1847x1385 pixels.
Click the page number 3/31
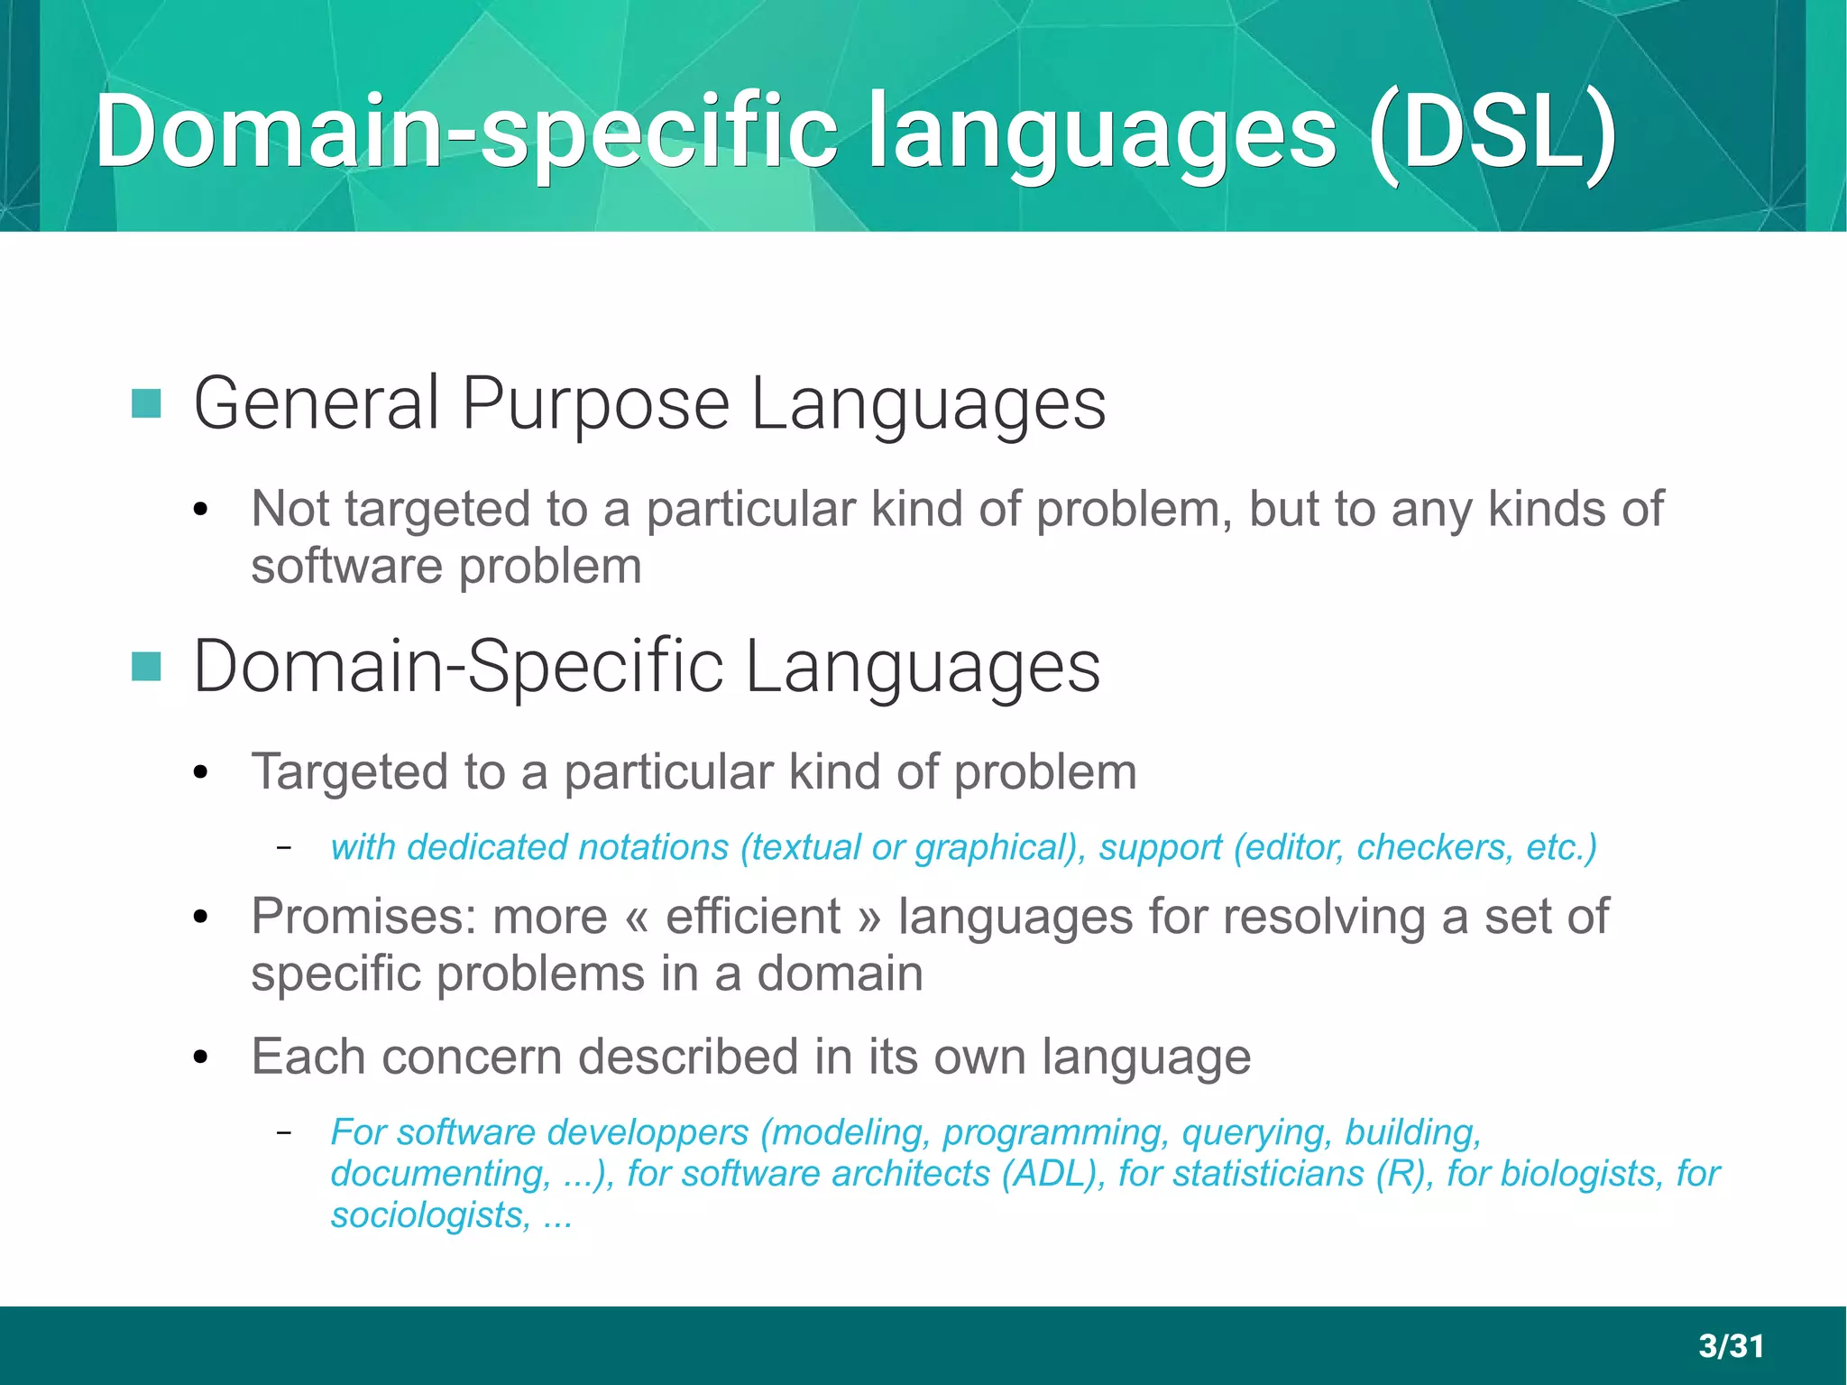(x=1731, y=1345)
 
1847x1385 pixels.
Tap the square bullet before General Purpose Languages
(x=146, y=403)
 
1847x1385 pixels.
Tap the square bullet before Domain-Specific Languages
(x=146, y=667)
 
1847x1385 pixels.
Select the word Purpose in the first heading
(x=595, y=403)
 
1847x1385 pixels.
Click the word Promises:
(x=365, y=917)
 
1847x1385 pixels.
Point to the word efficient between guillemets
(x=753, y=917)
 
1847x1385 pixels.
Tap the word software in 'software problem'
(x=346, y=567)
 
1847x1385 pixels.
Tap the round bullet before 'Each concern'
(x=201, y=1057)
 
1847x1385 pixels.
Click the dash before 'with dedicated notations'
(x=284, y=847)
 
